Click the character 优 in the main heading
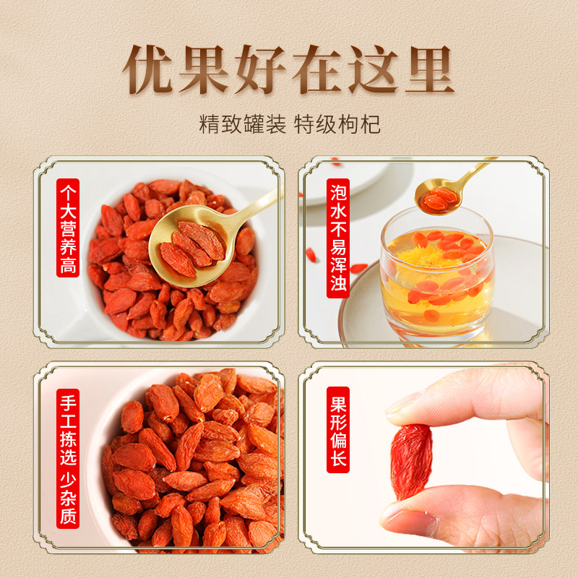[148, 69]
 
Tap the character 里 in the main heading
[430, 69]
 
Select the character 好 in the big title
[261, 69]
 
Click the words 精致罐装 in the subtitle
[243, 124]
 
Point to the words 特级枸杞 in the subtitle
[337, 124]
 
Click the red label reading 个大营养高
[68, 228]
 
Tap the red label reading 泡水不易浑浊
[338, 238]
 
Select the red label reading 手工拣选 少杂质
[68, 459]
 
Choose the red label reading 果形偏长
[338, 430]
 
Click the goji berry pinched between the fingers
[411, 461]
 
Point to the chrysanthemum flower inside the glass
[420, 258]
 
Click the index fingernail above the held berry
[402, 404]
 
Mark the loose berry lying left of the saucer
[311, 255]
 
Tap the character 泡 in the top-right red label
[338, 191]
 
